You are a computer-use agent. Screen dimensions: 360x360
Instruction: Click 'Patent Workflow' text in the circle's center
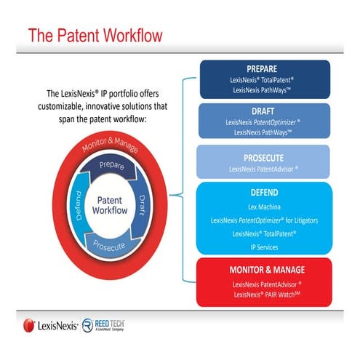click(x=110, y=204)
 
